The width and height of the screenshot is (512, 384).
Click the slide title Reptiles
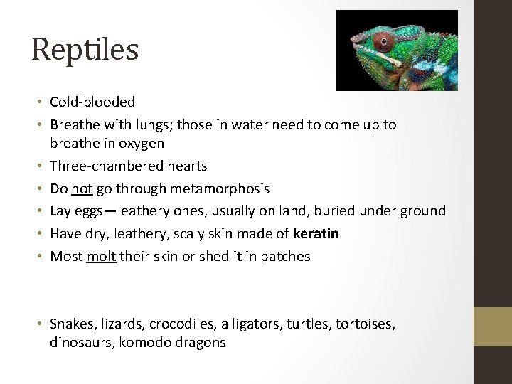pyautogui.click(x=85, y=49)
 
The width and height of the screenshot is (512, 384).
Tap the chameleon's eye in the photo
pyautogui.click(x=383, y=38)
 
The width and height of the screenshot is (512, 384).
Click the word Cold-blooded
pyautogui.click(x=92, y=102)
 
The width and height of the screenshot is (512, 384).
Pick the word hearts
pyautogui.click(x=187, y=166)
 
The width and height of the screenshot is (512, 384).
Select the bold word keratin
pyautogui.click(x=316, y=233)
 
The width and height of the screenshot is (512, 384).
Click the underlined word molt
pyautogui.click(x=100, y=256)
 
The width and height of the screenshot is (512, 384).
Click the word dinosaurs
pyautogui.click(x=78, y=342)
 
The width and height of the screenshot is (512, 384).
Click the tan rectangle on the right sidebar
pyautogui.click(x=494, y=326)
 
